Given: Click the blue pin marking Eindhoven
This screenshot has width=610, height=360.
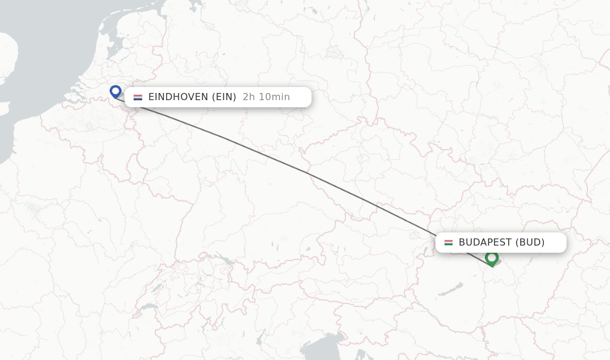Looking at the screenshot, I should click(116, 91).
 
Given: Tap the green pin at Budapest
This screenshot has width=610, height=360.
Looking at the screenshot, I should click(491, 258).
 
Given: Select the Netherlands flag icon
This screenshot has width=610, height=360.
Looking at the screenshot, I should click(138, 97).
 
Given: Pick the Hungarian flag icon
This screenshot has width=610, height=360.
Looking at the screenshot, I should click(449, 243).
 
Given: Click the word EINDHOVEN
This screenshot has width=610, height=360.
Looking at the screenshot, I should click(178, 97).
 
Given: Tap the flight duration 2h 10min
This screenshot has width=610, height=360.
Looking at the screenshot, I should click(266, 97).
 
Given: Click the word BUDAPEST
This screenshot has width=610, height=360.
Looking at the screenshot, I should click(485, 243).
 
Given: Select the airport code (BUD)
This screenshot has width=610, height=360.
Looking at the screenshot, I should click(530, 243).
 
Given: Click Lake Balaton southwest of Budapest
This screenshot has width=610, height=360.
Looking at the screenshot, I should click(451, 288).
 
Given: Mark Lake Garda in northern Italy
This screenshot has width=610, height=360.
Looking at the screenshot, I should click(260, 337).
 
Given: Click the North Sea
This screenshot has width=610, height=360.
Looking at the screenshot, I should click(48, 48).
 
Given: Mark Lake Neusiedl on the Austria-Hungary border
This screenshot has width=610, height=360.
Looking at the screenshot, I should click(413, 235).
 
